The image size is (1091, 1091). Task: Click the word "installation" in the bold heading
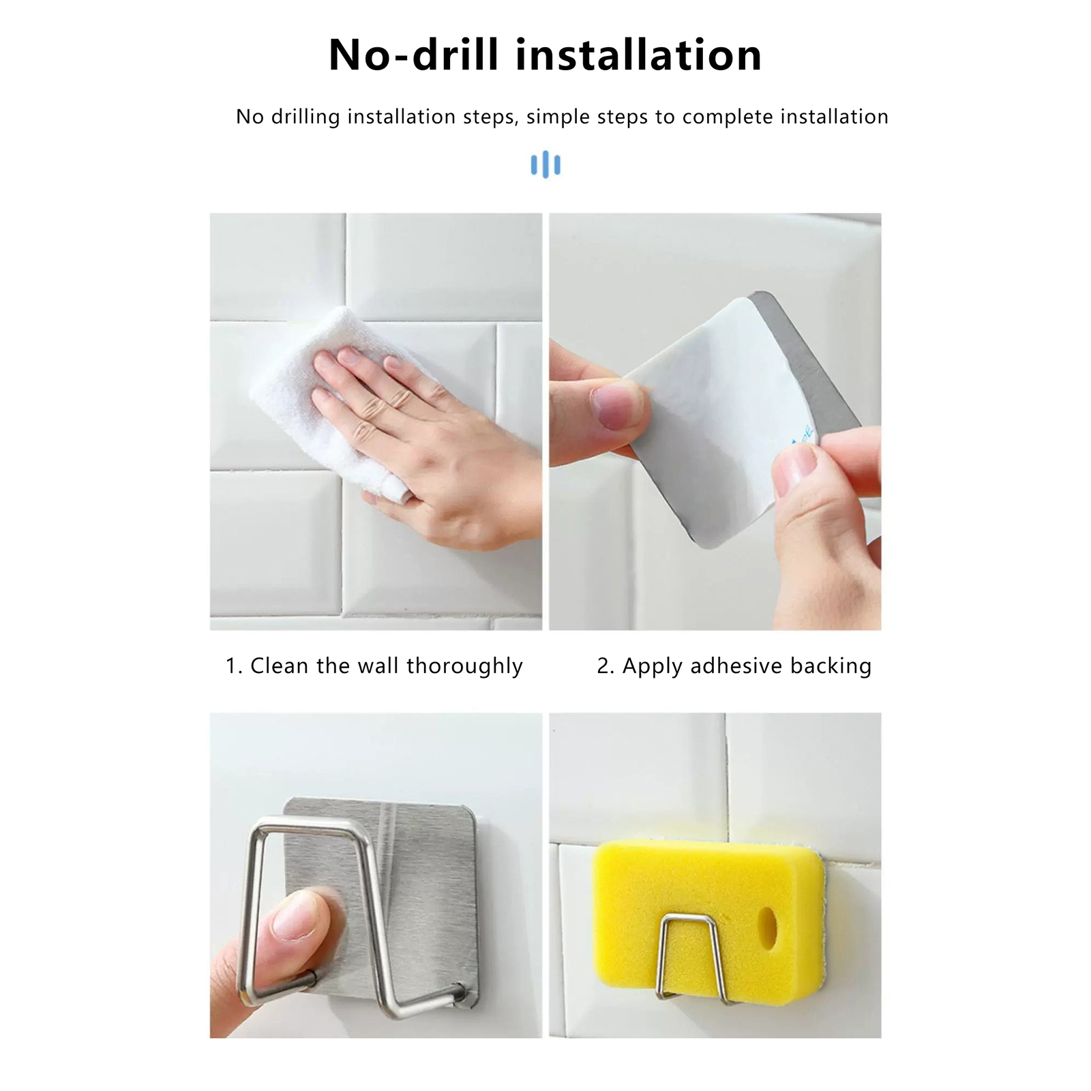pyautogui.click(x=638, y=55)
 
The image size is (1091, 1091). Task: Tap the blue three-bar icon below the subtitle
pyautogui.click(x=545, y=165)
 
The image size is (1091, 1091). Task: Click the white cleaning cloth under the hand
pyautogui.click(x=327, y=402)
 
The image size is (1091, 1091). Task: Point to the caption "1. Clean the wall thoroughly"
pyautogui.click(x=374, y=666)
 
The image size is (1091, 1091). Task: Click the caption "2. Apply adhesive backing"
pyautogui.click(x=734, y=666)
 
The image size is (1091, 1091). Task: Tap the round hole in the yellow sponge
pyautogui.click(x=770, y=924)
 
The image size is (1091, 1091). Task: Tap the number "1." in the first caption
pyautogui.click(x=235, y=666)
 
